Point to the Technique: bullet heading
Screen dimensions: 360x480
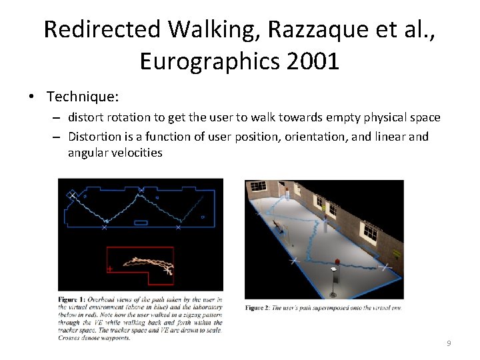click(x=83, y=97)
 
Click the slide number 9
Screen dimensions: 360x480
click(x=449, y=343)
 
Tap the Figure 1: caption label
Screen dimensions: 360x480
click(x=75, y=301)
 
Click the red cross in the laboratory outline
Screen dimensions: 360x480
click(x=110, y=269)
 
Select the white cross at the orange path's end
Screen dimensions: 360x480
click(x=167, y=271)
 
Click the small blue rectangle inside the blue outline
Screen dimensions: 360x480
click(x=141, y=222)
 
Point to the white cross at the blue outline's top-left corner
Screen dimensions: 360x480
click(x=71, y=194)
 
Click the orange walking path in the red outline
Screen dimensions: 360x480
click(x=147, y=263)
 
